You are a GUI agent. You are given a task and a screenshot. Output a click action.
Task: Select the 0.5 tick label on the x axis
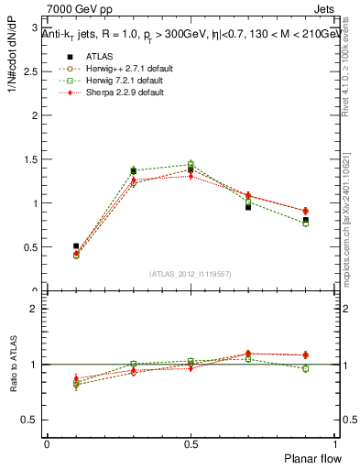point(191,443)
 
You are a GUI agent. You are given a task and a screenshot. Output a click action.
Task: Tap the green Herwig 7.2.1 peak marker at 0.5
point(191,164)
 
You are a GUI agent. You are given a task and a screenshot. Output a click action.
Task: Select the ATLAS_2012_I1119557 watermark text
point(191,274)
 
